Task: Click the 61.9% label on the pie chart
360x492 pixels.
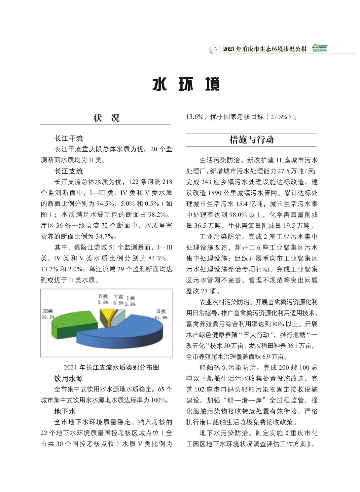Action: pos(161,317)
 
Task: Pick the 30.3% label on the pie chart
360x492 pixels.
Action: pos(48,317)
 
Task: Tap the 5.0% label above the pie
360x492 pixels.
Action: pos(103,302)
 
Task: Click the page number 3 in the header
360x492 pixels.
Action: pos(215,49)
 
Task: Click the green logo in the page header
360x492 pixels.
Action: pos(319,48)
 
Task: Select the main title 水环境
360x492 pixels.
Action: pos(186,85)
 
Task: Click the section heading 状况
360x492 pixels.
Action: pos(106,118)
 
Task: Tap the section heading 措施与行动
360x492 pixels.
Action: pos(251,140)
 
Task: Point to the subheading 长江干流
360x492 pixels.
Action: pos(69,138)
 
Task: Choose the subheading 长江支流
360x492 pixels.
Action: pos(69,171)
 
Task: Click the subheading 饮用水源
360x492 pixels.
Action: pos(69,379)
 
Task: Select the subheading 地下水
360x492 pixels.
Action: pos(65,411)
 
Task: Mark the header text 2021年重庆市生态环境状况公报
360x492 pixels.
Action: pos(265,49)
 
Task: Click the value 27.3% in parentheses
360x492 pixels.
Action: pos(279,117)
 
